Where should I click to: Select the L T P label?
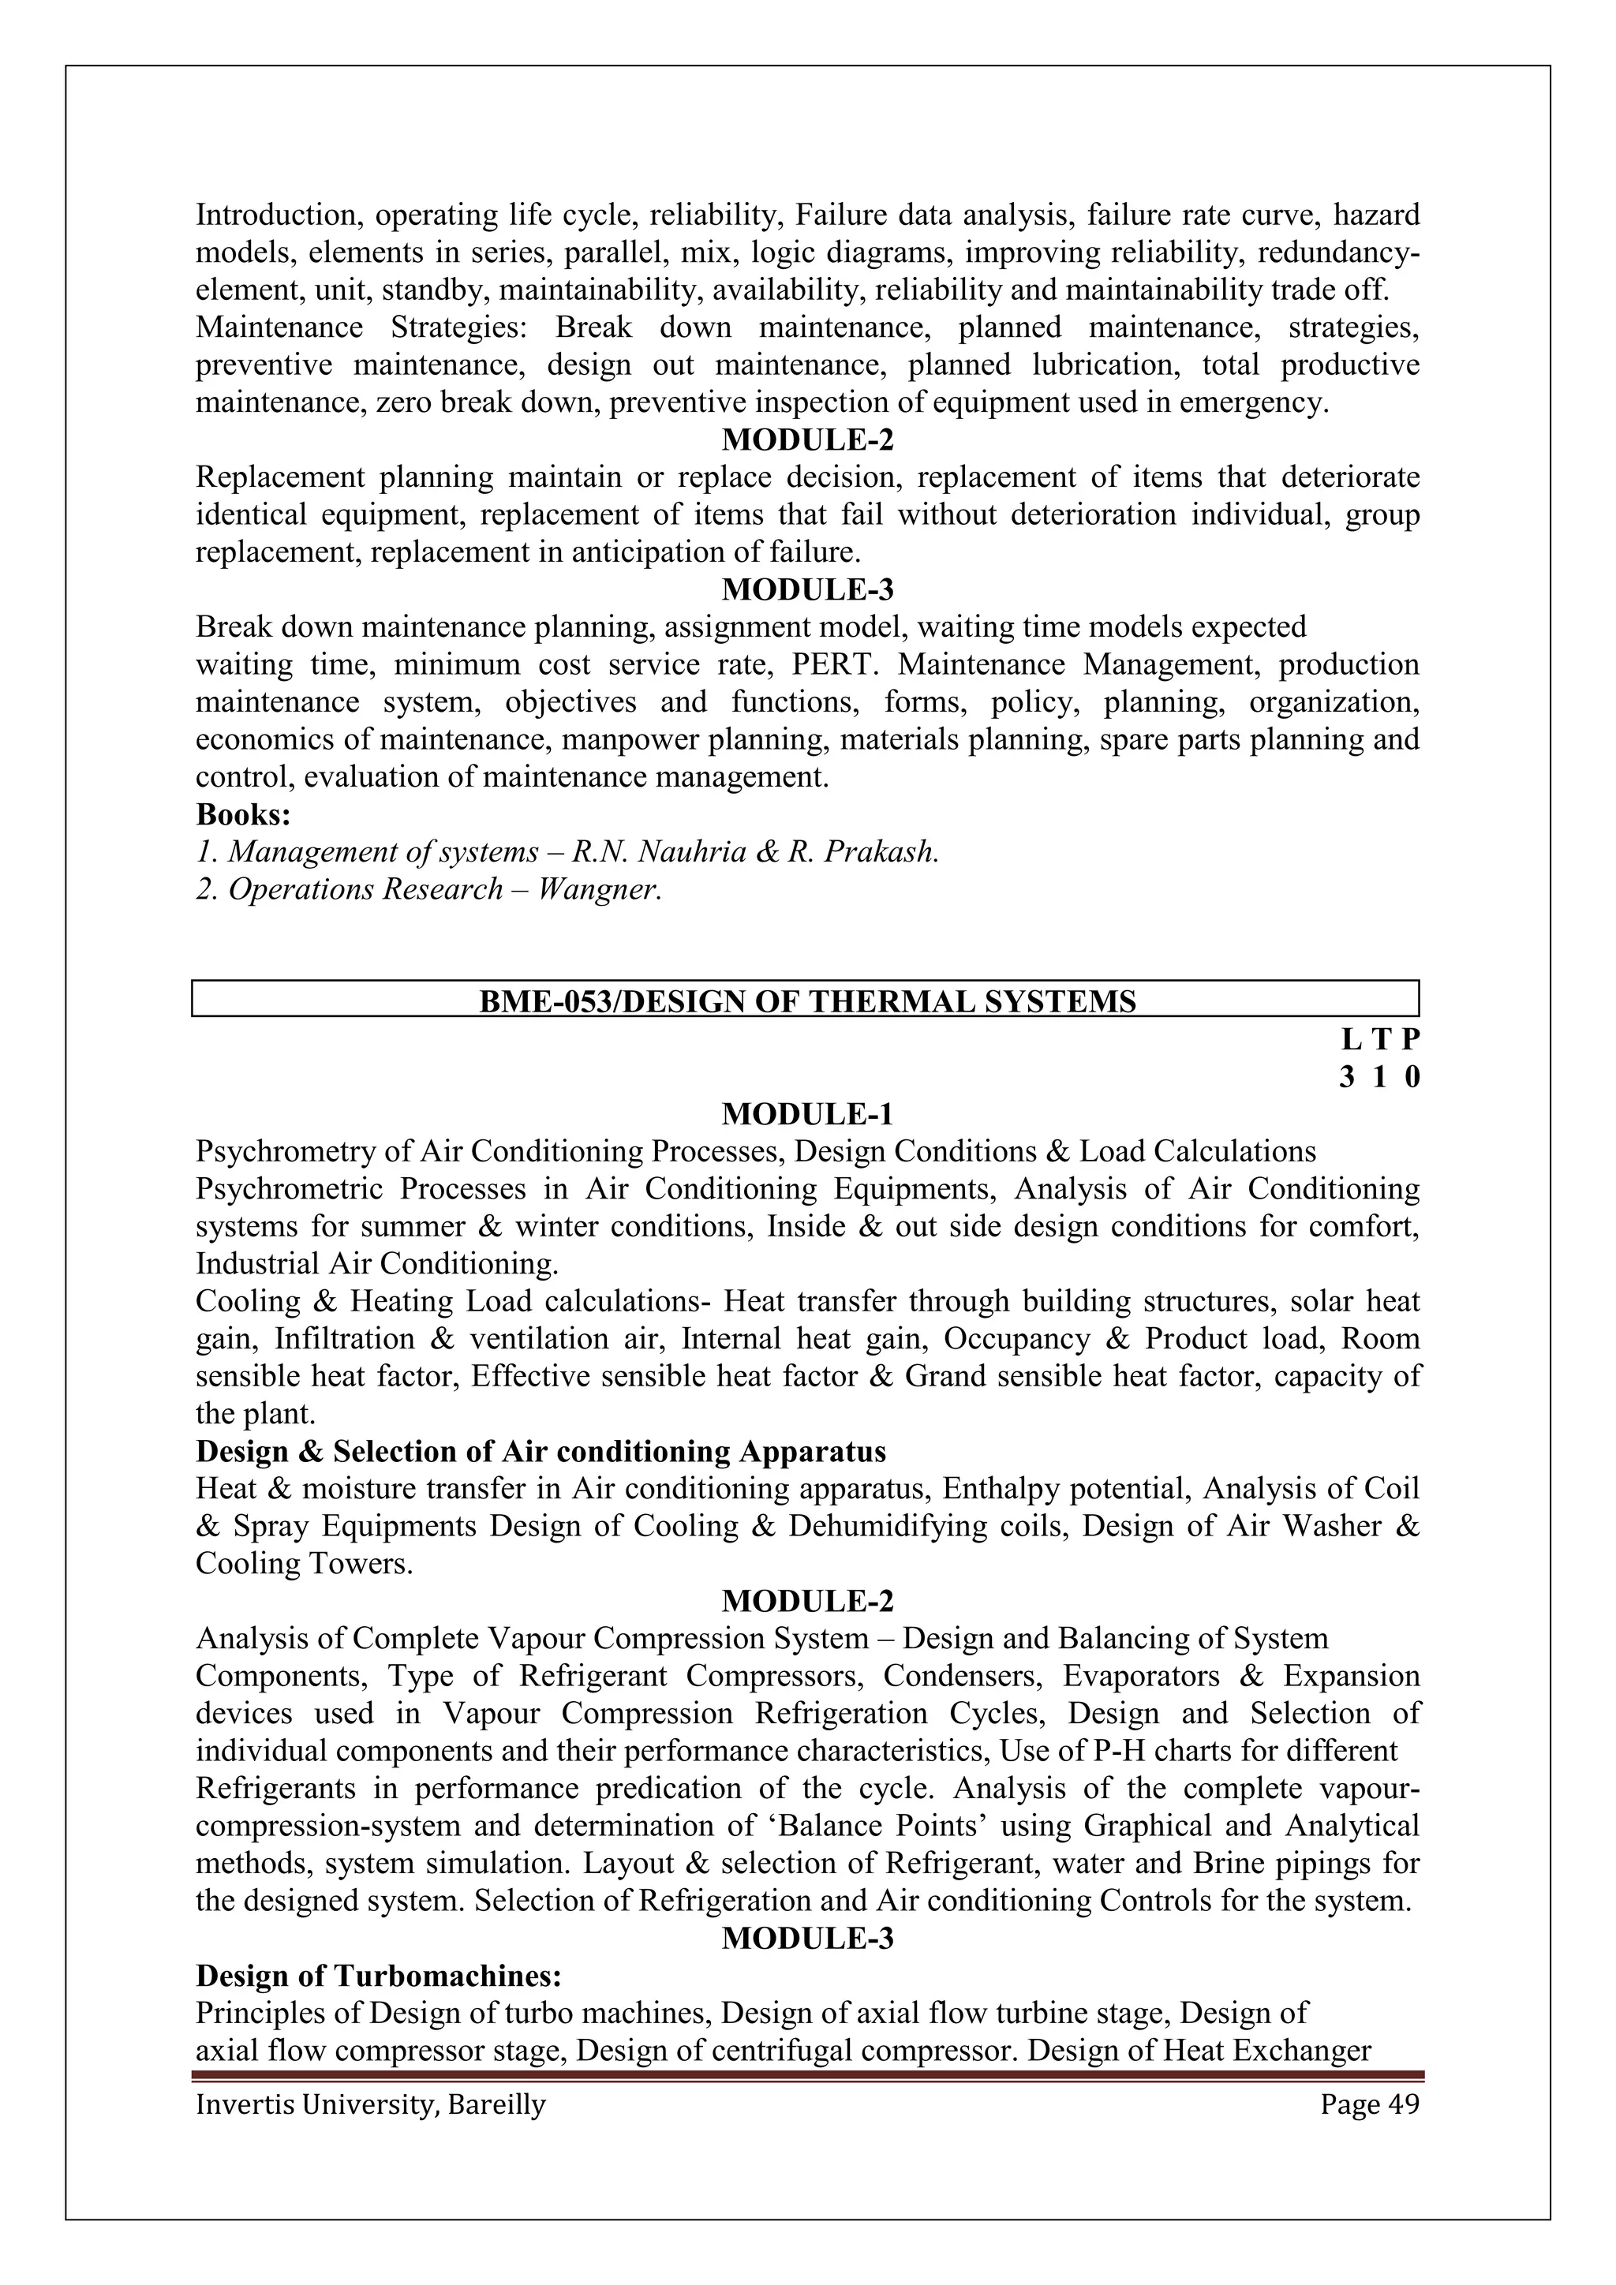[1379, 1040]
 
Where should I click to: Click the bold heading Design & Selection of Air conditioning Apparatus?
[541, 1452]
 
